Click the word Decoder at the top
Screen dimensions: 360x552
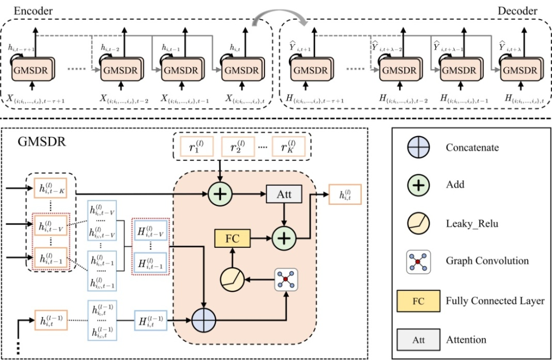517,11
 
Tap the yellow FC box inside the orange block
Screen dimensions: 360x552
232,238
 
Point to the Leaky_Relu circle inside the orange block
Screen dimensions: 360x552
232,279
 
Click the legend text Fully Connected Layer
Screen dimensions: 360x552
494,301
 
